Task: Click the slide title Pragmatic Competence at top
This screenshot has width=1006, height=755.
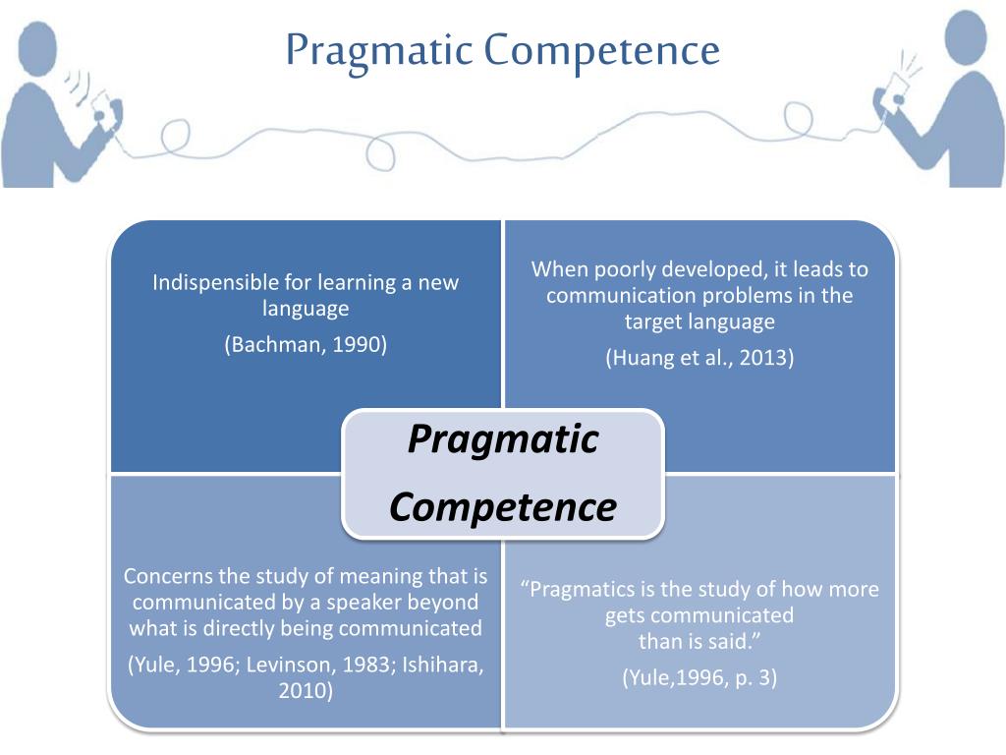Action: click(x=503, y=49)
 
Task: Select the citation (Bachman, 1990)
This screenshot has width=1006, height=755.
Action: click(x=306, y=344)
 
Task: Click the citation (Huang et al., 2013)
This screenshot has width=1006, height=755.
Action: click(x=699, y=357)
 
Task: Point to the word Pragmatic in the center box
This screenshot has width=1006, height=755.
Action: click(x=503, y=438)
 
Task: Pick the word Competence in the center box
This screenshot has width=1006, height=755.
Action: click(x=503, y=507)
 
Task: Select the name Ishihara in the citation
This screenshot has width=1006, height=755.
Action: click(x=438, y=664)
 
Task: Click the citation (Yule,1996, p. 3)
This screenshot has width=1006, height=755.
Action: click(x=699, y=677)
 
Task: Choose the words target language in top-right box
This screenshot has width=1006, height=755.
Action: click(x=699, y=321)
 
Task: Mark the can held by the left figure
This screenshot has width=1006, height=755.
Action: click(x=102, y=102)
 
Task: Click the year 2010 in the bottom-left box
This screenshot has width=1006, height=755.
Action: click(x=306, y=690)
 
